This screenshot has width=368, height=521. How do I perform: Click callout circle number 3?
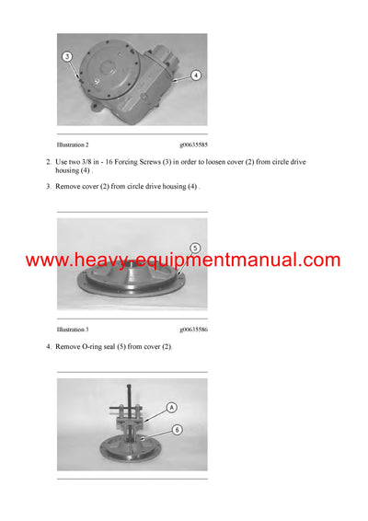click(x=67, y=57)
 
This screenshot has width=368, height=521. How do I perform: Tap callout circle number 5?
click(x=194, y=248)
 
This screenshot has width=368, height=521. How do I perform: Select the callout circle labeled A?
click(x=171, y=408)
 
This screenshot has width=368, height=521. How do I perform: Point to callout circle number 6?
click(x=177, y=430)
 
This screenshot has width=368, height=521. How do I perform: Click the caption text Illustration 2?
click(x=73, y=145)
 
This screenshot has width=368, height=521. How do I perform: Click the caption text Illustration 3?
click(x=73, y=329)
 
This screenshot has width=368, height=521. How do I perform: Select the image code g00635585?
click(x=193, y=145)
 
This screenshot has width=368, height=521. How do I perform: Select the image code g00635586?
click(x=193, y=329)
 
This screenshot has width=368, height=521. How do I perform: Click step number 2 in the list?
click(x=48, y=163)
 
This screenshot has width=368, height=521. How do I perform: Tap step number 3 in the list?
click(x=48, y=187)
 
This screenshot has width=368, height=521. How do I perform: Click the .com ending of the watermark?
click(x=319, y=260)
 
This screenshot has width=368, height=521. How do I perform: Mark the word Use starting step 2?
click(x=63, y=163)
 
